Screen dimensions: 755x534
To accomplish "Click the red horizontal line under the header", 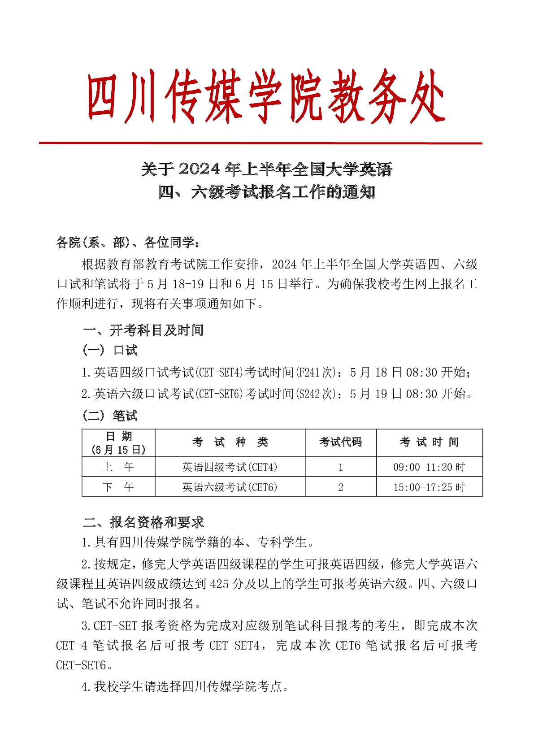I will (260, 143).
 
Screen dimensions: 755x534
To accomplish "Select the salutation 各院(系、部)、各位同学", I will (128, 243).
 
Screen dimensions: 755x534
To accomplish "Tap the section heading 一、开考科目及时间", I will (143, 330).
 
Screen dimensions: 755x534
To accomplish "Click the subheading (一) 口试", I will (110, 351).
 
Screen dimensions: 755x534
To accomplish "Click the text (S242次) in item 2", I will (316, 394).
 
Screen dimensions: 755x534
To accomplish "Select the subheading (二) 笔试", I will (110, 416).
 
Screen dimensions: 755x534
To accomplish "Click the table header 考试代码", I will (340, 442).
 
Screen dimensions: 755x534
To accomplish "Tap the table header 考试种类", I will (230, 442).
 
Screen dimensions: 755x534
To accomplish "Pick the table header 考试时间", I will (429, 442).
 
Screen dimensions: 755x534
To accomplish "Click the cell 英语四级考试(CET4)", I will (230, 467).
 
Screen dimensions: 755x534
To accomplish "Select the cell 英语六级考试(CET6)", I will (230, 487).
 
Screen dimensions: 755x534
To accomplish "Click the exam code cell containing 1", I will (341, 467).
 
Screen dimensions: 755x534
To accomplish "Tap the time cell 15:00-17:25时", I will (429, 487).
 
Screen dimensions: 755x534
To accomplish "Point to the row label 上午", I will (118, 467).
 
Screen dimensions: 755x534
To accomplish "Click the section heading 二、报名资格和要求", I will (143, 522).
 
